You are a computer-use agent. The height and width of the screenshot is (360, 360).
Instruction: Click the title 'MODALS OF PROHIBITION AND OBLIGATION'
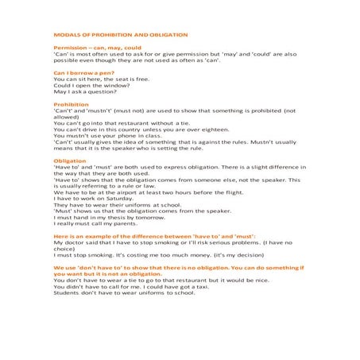(x=119, y=35)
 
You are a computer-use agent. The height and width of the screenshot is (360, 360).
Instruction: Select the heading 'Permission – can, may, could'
(x=96, y=48)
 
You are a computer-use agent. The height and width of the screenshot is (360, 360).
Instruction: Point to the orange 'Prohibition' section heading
(x=71, y=104)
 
